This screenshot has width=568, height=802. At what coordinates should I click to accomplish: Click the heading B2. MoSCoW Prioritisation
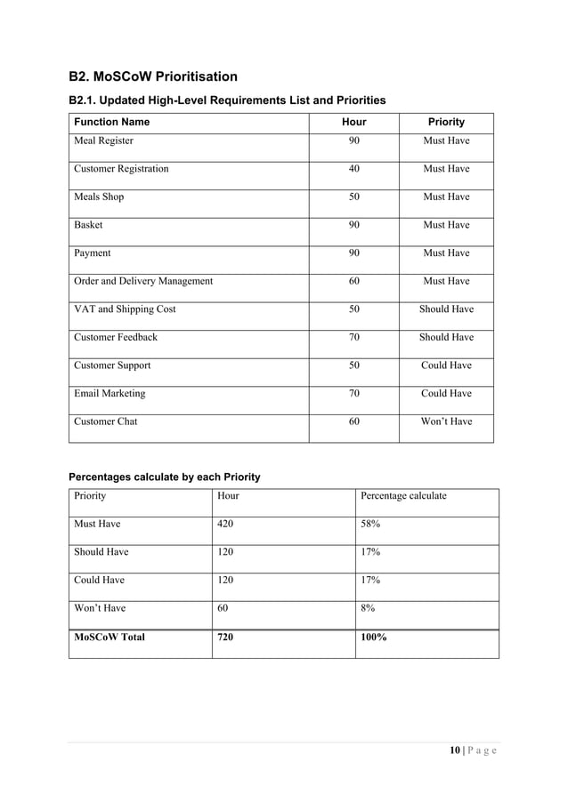pyautogui.click(x=153, y=76)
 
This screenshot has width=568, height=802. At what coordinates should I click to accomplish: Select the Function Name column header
pyautogui.click(x=111, y=122)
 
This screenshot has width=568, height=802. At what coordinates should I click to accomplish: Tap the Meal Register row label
pyautogui.click(x=103, y=140)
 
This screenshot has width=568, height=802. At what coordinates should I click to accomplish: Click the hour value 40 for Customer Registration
pyautogui.click(x=353, y=169)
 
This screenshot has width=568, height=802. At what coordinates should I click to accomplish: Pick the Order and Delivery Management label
pyautogui.click(x=143, y=281)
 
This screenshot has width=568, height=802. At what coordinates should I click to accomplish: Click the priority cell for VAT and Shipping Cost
pyautogui.click(x=446, y=309)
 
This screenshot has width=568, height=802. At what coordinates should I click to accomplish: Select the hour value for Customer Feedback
pyautogui.click(x=353, y=338)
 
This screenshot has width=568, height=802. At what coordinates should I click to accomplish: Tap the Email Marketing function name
pyautogui.click(x=110, y=393)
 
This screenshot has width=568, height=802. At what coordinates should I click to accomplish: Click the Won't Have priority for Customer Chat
pyautogui.click(x=446, y=421)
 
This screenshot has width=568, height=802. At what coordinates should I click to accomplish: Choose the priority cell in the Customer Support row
pyautogui.click(x=446, y=365)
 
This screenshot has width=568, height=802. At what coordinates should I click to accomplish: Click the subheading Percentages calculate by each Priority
pyautogui.click(x=165, y=477)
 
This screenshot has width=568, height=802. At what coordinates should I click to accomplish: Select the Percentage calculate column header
pyautogui.click(x=403, y=496)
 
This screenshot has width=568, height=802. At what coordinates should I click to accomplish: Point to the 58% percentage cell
pyautogui.click(x=371, y=525)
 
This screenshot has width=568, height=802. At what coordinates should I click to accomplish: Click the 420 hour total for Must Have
pyautogui.click(x=228, y=525)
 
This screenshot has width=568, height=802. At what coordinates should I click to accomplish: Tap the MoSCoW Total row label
pyautogui.click(x=110, y=637)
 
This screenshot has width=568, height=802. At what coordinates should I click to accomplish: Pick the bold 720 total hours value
pyautogui.click(x=227, y=637)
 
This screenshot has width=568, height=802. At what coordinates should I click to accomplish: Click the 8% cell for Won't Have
pyautogui.click(x=368, y=608)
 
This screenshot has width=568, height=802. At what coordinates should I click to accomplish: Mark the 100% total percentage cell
pyautogui.click(x=374, y=637)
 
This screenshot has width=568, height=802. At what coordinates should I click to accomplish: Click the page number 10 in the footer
pyautogui.click(x=454, y=750)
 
